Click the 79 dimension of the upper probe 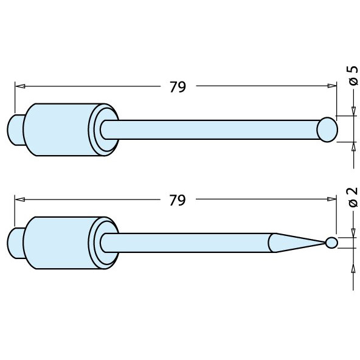tap(177, 87)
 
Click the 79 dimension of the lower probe tap(177, 200)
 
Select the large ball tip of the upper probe tap(327, 129)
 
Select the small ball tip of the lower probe tap(331, 243)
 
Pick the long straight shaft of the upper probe tap(213, 129)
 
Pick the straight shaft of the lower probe tap(189, 243)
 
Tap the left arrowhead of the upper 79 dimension tap(18, 87)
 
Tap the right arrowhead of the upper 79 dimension tap(332, 87)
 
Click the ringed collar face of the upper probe tap(101, 129)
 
